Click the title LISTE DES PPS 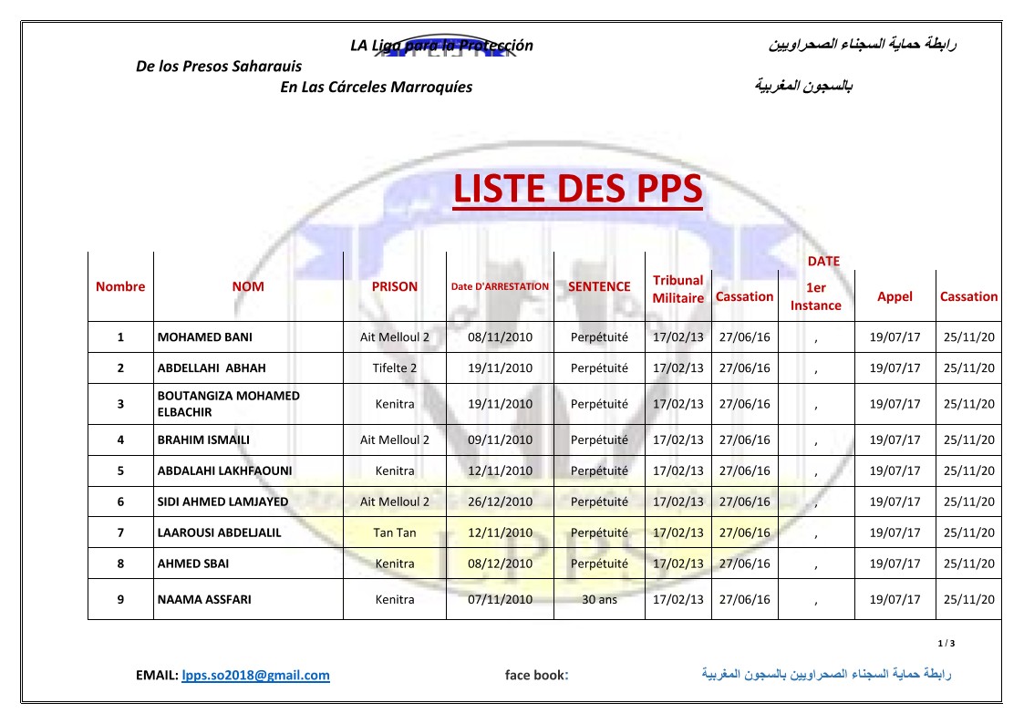click(577, 189)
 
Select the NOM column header click(248, 286)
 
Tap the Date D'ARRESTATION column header click(500, 286)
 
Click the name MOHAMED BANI click(205, 337)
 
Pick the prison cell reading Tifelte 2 click(395, 368)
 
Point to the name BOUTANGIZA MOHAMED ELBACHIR click(228, 404)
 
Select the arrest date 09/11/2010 click(500, 440)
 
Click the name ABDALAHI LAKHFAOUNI click(225, 471)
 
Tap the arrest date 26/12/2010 click(500, 502)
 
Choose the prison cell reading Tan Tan click(395, 533)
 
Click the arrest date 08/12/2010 click(500, 564)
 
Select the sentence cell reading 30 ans click(599, 600)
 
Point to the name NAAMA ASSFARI click(204, 600)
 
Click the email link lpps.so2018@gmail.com click(255, 676)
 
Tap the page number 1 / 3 click(946, 644)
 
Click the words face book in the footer click(536, 676)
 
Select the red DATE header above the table click(823, 262)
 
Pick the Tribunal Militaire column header click(677, 289)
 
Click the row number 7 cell click(120, 533)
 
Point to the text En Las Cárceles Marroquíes click(376, 88)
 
